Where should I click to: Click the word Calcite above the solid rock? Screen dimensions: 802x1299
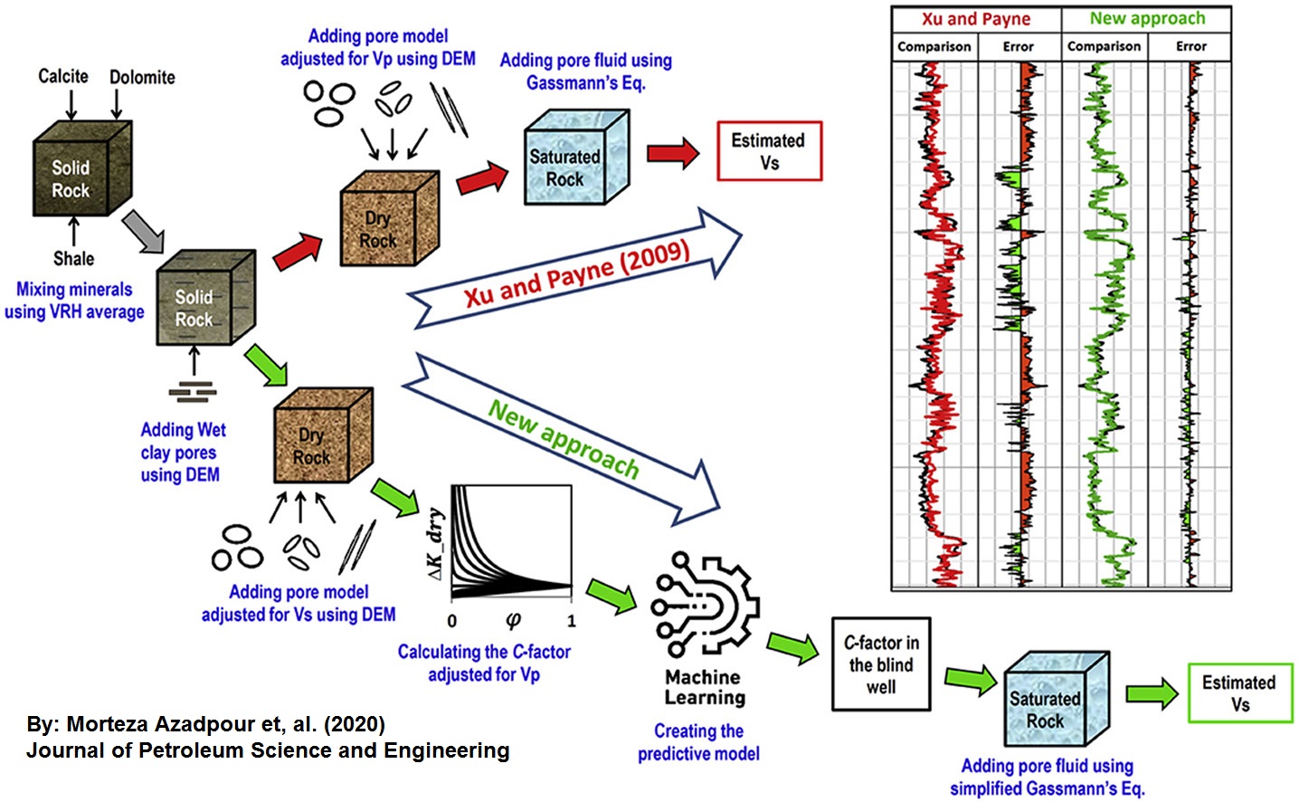pos(63,76)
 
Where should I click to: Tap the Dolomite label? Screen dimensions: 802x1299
pos(142,78)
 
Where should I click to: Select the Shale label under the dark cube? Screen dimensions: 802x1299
pos(73,259)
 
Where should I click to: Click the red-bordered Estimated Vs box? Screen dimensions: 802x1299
pos(769,151)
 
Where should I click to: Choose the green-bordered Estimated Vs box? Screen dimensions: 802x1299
pos(1239,692)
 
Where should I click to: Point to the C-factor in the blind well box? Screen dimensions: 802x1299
pos(881,664)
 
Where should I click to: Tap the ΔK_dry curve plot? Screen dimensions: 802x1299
pos(511,542)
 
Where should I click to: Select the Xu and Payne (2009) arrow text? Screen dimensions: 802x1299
pos(576,273)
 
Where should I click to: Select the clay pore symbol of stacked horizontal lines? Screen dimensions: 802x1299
pos(193,391)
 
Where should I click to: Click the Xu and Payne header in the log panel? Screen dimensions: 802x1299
pos(975,19)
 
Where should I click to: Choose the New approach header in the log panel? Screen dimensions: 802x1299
pos(1146,19)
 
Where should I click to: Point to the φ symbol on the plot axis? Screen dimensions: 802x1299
pos(513,621)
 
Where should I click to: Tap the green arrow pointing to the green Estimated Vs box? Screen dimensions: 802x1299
pos(1152,693)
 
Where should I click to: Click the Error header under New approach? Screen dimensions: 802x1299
pos(1190,46)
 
